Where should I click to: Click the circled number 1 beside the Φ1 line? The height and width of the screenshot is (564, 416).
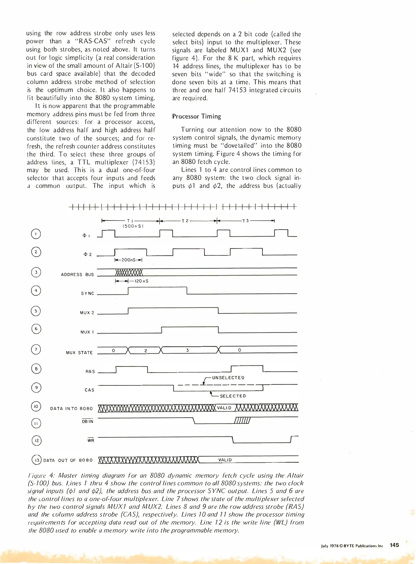tap(36, 234)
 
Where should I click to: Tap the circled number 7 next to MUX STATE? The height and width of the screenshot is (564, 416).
tap(36, 349)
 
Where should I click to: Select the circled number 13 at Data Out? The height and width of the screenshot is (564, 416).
tap(36, 460)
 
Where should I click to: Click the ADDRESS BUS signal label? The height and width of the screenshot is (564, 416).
tap(77, 274)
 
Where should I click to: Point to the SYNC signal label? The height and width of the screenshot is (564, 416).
tap(87, 293)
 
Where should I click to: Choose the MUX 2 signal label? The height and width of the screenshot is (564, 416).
tap(87, 313)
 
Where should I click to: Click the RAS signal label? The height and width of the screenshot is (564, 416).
tap(90, 371)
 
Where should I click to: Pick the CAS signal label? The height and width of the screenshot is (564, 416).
tap(89, 390)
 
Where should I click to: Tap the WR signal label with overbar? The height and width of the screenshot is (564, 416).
tap(91, 440)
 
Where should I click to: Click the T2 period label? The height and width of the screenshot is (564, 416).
tap(185, 221)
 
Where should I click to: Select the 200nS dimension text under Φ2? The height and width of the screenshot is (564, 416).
tap(128, 260)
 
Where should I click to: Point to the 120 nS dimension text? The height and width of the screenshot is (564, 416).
tap(141, 281)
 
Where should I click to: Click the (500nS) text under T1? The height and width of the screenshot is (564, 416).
tap(133, 226)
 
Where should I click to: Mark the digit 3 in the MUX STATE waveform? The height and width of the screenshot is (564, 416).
tap(187, 350)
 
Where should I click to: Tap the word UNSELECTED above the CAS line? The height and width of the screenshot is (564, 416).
tap(228, 378)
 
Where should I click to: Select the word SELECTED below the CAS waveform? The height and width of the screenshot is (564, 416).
tap(233, 396)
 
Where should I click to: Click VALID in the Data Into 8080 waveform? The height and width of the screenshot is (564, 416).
tap(224, 408)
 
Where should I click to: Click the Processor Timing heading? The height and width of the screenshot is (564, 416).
tap(196, 116)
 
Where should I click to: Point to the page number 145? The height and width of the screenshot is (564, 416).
tap(394, 545)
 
